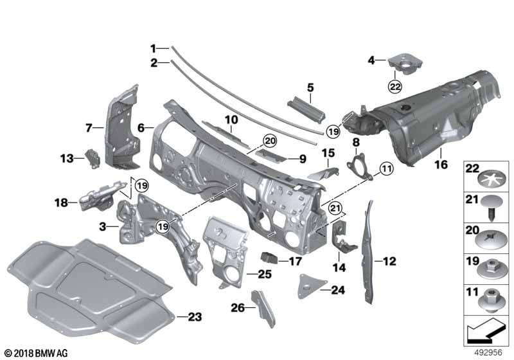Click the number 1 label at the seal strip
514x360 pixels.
point(154,48)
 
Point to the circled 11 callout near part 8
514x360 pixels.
point(385,169)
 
